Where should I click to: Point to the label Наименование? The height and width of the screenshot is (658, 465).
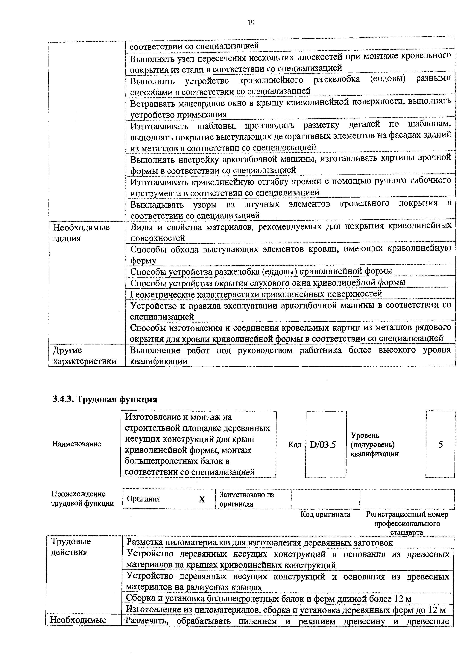[76, 444]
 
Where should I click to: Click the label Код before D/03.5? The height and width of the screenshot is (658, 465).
[295, 445]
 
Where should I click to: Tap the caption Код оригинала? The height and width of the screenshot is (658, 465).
[325, 514]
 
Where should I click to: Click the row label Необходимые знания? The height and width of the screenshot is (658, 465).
[81, 233]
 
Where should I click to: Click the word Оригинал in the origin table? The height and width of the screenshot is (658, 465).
[143, 499]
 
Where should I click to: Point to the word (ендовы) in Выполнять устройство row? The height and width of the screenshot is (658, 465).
[388, 79]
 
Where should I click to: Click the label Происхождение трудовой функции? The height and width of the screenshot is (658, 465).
[83, 499]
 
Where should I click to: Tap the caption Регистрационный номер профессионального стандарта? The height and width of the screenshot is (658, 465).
[407, 523]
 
